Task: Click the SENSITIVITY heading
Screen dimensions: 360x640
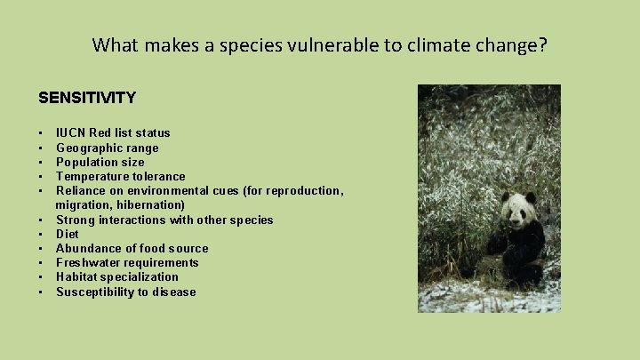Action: [87, 97]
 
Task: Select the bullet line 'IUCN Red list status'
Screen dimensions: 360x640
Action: [113, 133]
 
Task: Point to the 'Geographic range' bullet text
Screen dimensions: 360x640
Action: [107, 148]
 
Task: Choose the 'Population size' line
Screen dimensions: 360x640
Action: [100, 162]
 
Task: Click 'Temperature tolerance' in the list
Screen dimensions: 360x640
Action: [120, 176]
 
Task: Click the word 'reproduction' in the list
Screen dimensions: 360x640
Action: [302, 190]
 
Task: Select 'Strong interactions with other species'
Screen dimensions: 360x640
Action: [164, 220]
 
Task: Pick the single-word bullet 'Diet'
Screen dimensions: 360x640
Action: [68, 234]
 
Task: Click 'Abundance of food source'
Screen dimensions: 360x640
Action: [132, 248]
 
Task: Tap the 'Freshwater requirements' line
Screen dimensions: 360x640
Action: [127, 262]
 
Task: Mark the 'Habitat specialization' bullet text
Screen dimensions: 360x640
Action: [116, 276]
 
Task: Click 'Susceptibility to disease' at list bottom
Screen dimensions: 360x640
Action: [125, 292]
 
